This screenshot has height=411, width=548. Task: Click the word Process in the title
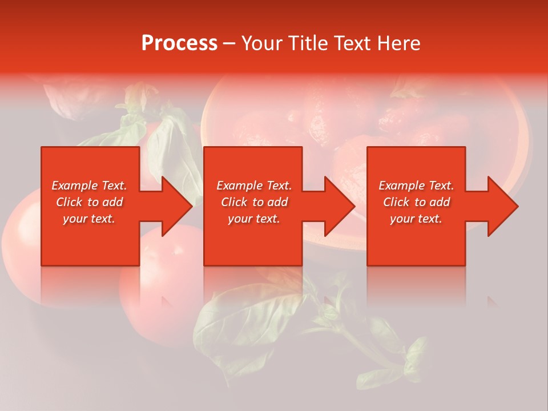click(x=179, y=43)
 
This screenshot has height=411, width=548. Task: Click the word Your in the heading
click(x=263, y=43)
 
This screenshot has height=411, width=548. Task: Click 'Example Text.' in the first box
click(x=89, y=186)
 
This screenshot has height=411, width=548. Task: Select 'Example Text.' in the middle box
click(x=254, y=186)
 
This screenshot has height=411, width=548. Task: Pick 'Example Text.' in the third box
click(x=416, y=186)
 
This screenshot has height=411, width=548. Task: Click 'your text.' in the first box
click(x=89, y=219)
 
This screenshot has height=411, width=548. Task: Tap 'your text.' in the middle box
click(x=254, y=219)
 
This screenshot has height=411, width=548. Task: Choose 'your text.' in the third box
click(x=416, y=219)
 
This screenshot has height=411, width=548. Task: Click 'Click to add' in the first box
click(x=89, y=202)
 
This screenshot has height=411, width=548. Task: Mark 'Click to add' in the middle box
click(x=254, y=202)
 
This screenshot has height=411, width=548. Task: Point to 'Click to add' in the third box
click(x=416, y=202)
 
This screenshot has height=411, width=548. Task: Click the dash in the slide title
click(x=229, y=44)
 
